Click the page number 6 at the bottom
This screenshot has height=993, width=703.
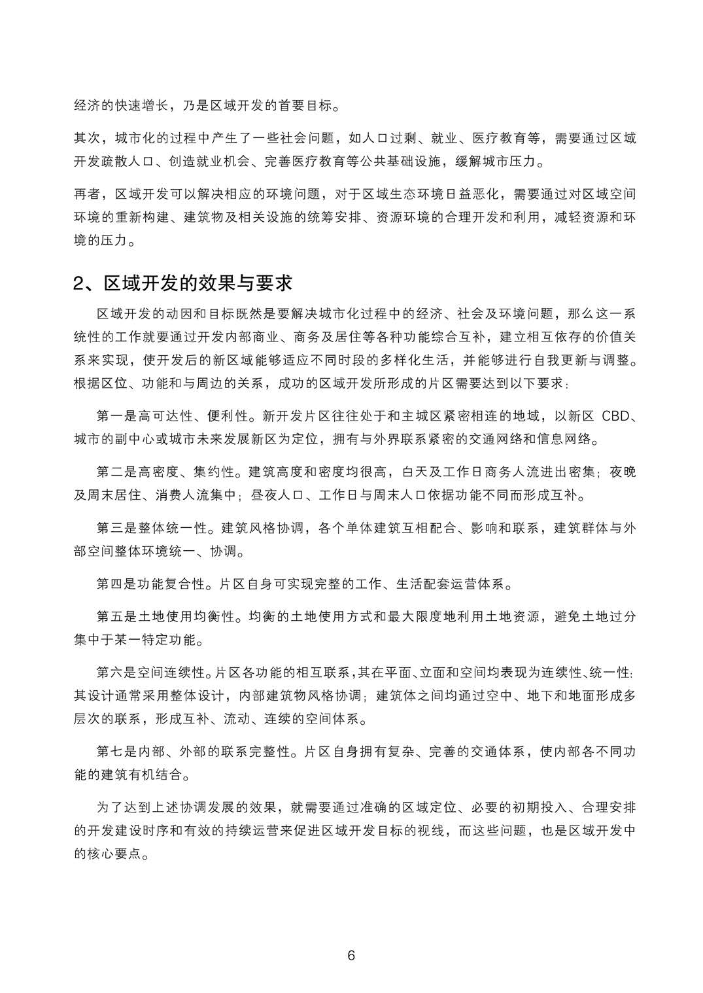click(x=351, y=956)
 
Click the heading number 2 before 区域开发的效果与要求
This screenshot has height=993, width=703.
click(x=80, y=283)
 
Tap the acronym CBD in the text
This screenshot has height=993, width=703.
click(x=614, y=416)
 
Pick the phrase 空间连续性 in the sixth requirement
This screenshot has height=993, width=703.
click(x=171, y=672)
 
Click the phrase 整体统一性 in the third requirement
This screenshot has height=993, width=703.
click(x=171, y=528)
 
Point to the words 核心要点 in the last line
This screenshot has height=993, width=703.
click(x=115, y=854)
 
